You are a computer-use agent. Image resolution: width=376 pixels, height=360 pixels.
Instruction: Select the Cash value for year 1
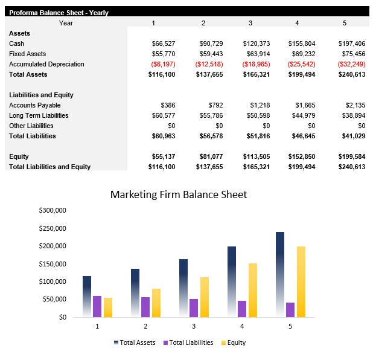tap(163, 44)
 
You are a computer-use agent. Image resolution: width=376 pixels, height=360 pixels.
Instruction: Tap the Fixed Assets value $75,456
tap(352, 54)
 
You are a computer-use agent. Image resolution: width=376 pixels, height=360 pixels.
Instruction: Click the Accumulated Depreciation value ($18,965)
tap(255, 65)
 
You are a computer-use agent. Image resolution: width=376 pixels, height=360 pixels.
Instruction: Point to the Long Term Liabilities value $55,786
tap(211, 116)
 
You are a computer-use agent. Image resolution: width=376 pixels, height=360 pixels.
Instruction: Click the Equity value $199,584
tap(351, 157)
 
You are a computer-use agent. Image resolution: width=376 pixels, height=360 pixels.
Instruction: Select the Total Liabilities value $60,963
tap(162, 137)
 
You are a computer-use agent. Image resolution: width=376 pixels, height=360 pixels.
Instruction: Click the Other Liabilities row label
tap(31, 126)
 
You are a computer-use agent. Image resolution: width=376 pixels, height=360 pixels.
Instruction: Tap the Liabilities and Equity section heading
tap(40, 95)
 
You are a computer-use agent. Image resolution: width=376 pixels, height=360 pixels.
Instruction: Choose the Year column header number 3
tap(250, 23)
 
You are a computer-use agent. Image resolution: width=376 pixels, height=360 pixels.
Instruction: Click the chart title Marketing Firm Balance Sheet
tap(179, 194)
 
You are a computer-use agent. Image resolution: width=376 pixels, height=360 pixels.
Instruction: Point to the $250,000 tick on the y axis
tap(52, 228)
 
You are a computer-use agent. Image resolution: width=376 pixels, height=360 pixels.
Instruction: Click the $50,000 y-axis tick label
tap(54, 300)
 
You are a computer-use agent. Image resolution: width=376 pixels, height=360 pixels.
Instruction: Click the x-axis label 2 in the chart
tap(145, 326)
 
